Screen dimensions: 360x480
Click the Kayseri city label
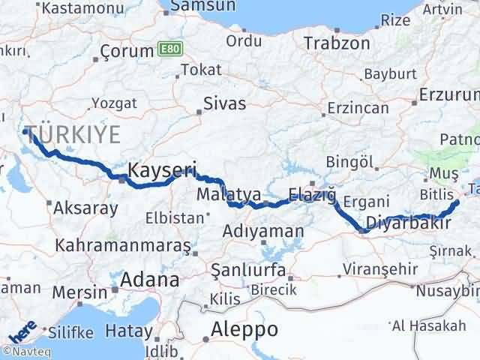click(x=162, y=170)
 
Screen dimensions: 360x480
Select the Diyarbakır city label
click(x=409, y=223)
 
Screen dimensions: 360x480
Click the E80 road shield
click(x=170, y=49)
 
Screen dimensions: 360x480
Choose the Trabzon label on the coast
click(x=337, y=43)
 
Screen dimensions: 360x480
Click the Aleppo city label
click(x=244, y=328)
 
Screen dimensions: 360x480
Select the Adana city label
click(x=152, y=280)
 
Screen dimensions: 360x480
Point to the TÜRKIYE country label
click(x=73, y=135)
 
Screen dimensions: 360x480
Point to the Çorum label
click(x=125, y=54)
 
